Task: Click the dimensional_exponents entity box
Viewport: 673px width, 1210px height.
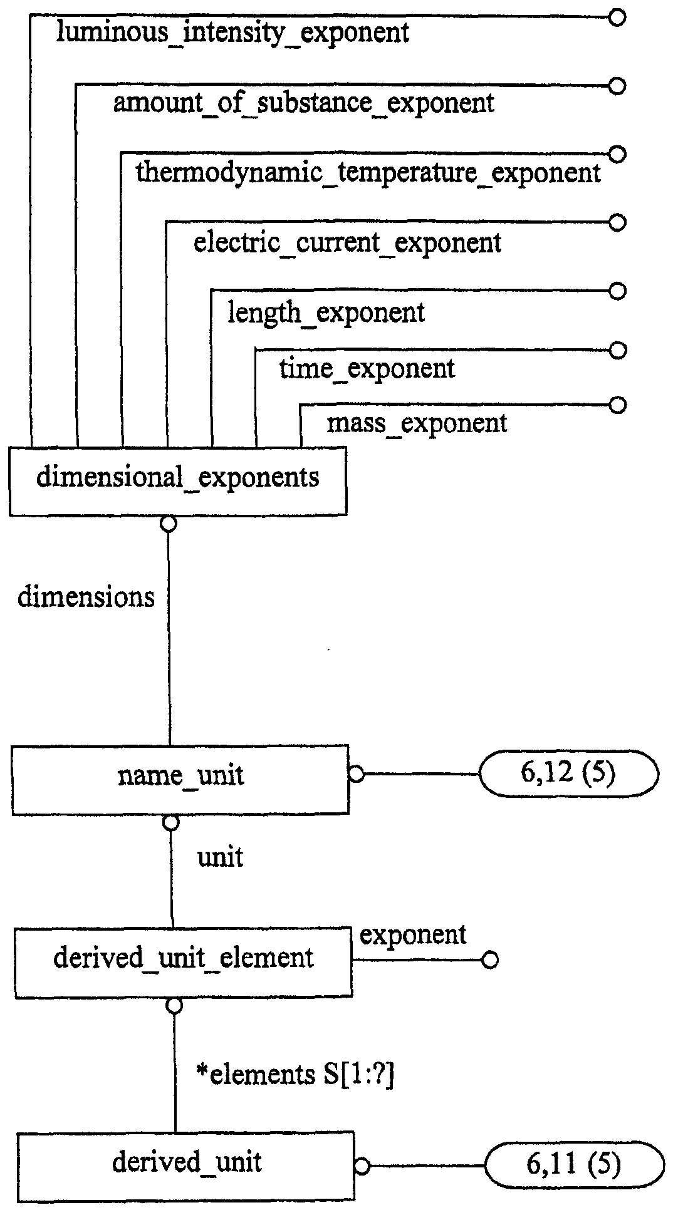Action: [178, 481]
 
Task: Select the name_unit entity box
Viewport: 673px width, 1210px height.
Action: [180, 780]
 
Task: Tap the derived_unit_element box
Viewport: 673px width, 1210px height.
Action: [184, 963]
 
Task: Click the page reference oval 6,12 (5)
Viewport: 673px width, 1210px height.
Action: [568, 774]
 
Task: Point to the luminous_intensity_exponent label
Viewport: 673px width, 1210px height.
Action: [232, 33]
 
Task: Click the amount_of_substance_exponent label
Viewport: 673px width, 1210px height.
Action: [304, 103]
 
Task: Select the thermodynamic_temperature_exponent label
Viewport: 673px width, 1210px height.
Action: [368, 172]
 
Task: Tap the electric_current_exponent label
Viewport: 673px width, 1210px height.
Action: [347, 242]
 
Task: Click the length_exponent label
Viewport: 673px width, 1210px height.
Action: [326, 312]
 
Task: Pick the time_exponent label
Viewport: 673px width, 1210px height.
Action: [367, 368]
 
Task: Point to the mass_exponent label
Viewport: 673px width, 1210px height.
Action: [417, 423]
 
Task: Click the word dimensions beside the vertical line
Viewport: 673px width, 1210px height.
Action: [86, 597]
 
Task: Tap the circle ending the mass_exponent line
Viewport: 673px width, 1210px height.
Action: [617, 405]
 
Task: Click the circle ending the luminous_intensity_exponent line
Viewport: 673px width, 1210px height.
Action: [617, 18]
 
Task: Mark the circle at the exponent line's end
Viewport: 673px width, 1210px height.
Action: [490, 960]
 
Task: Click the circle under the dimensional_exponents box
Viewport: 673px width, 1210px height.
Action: [169, 524]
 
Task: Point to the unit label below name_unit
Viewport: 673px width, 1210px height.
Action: [221, 857]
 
